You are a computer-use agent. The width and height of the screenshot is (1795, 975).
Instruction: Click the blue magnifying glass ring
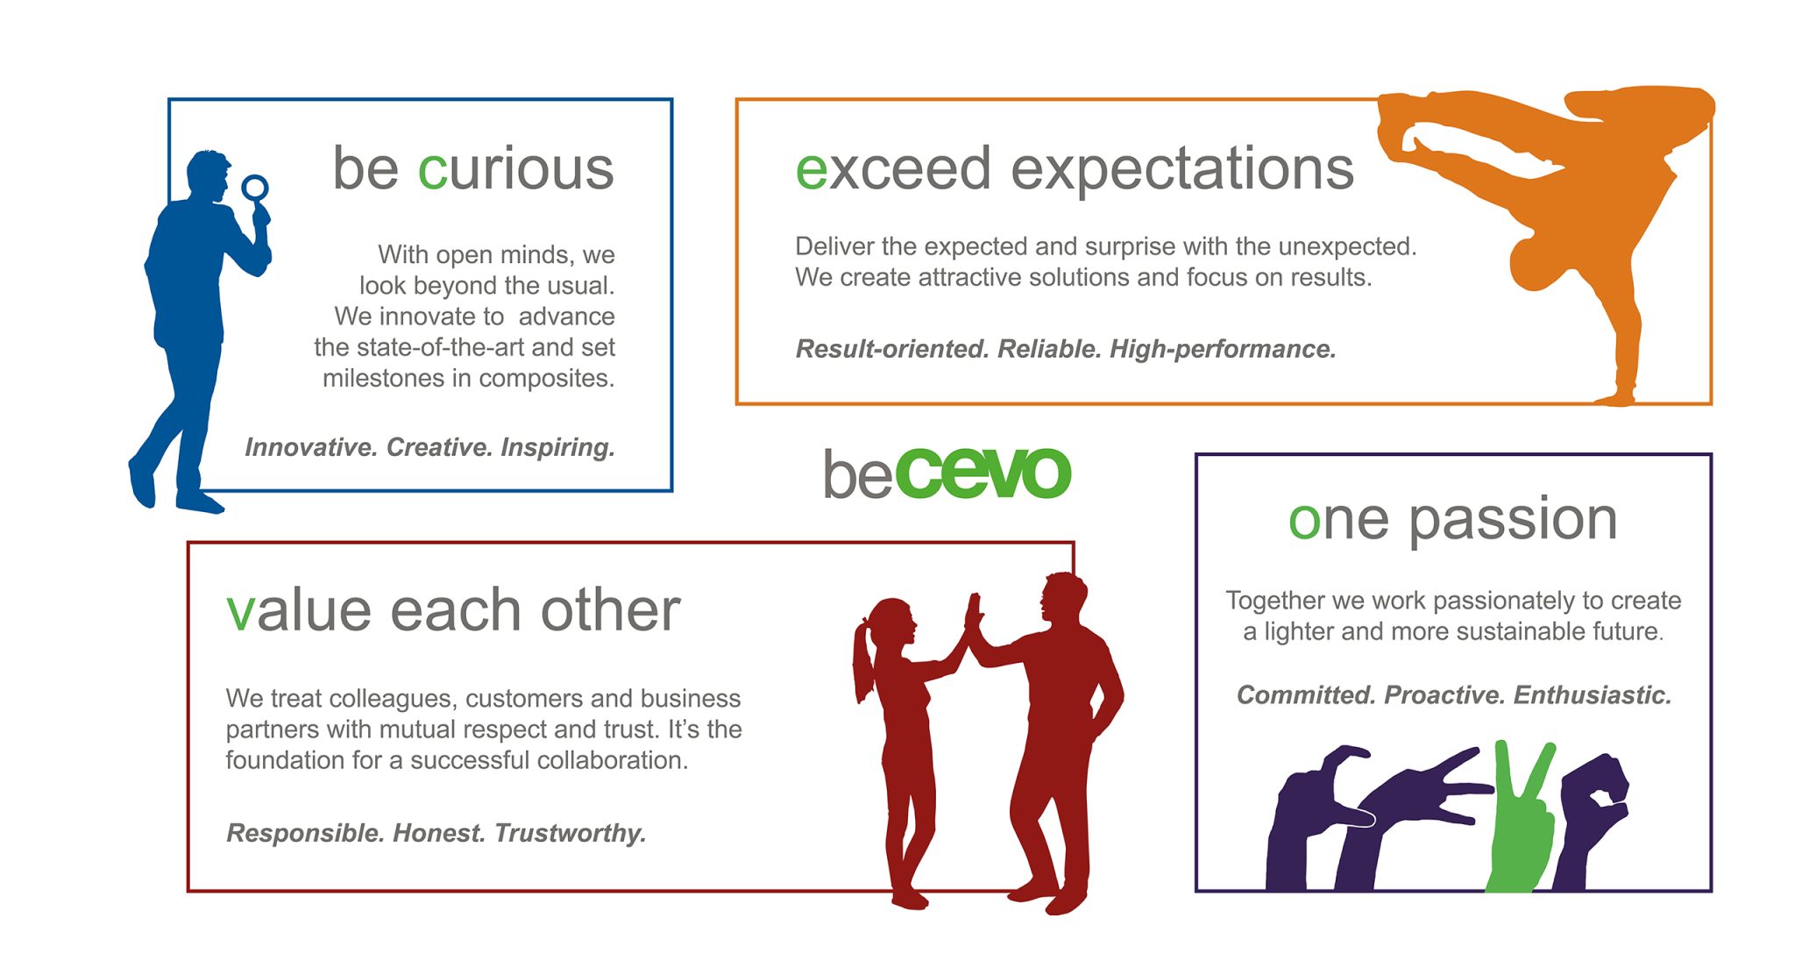tap(255, 187)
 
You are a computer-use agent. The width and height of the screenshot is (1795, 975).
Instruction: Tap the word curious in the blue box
tap(515, 168)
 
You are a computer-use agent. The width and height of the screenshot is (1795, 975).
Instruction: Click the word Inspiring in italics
tap(557, 447)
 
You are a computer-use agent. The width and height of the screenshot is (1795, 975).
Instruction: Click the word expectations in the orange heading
tap(1182, 168)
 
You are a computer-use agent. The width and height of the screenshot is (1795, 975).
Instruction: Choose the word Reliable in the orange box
tap(1049, 349)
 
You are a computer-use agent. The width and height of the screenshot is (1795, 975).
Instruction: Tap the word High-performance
tap(1223, 349)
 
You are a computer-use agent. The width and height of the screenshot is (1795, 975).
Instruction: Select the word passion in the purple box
tap(1513, 519)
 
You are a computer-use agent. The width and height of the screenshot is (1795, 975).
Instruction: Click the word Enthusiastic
tap(1593, 695)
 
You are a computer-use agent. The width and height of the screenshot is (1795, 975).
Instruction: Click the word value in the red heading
tap(299, 610)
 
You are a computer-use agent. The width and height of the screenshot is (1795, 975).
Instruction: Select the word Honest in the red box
tap(438, 833)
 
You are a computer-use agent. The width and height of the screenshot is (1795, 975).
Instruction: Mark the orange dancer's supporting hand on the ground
tap(1614, 399)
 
